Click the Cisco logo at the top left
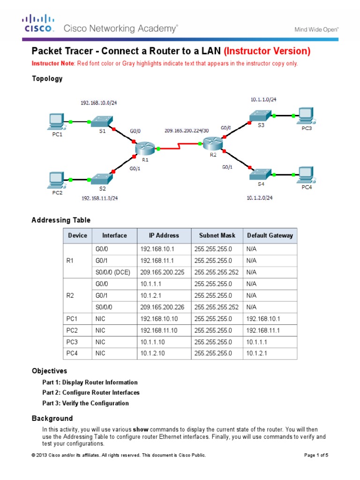39,23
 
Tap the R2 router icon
214,142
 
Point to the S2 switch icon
102,179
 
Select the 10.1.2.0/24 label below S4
259,198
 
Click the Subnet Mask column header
217,235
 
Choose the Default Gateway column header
270,235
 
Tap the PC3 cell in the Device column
71,342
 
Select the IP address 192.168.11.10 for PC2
159,330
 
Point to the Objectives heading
49,371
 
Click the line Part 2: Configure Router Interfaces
91,392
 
